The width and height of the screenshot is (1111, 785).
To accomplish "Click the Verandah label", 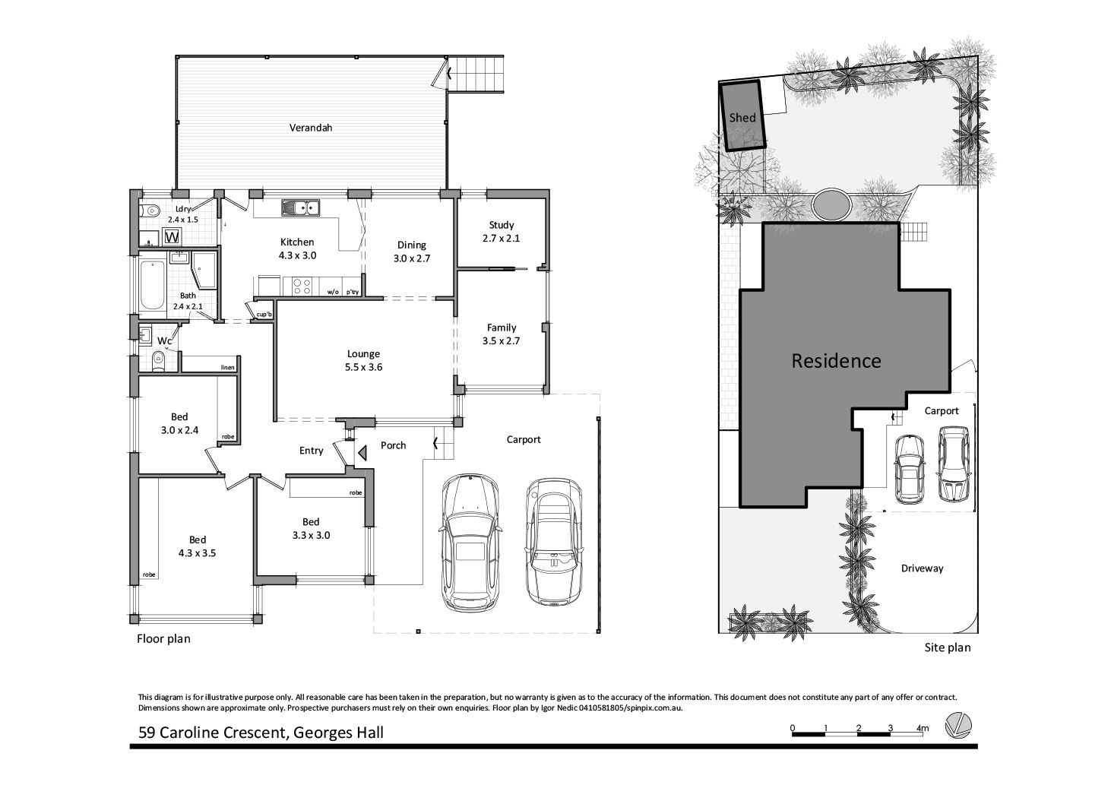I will pos(310,128).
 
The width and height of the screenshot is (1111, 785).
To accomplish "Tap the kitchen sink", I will pos(301,207).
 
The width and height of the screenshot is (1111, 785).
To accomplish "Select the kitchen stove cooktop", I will pos(301,286).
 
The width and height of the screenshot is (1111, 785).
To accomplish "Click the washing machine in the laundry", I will pos(173,237).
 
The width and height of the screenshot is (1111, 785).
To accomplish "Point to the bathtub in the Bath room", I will pos(152,286).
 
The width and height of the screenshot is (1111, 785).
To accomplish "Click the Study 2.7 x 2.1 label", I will pos(502,231).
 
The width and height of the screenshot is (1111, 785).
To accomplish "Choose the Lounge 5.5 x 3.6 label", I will pos(363,360).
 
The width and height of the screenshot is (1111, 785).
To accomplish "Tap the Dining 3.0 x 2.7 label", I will pos(412,251).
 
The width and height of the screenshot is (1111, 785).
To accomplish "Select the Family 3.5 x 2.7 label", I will pos(502,334).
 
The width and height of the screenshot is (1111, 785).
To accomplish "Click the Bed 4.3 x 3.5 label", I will pos(197,546).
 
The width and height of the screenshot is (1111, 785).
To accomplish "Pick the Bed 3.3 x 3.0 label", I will pos(311,528).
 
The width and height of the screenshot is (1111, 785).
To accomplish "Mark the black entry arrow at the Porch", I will pos(362,453).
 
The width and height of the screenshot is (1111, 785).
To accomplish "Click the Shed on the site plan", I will pos(742,117).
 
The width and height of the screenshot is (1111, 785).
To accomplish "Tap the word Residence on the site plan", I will pos(836,361).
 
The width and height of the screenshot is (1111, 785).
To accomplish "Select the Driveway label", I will pos(922,568).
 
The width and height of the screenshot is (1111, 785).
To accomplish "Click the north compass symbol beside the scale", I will pos(957,725).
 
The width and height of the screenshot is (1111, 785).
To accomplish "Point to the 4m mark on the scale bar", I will pos(923,729).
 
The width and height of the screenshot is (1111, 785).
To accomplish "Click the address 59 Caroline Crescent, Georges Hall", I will pos(261,733).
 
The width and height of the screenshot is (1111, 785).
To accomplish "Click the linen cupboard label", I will pos(227,368).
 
